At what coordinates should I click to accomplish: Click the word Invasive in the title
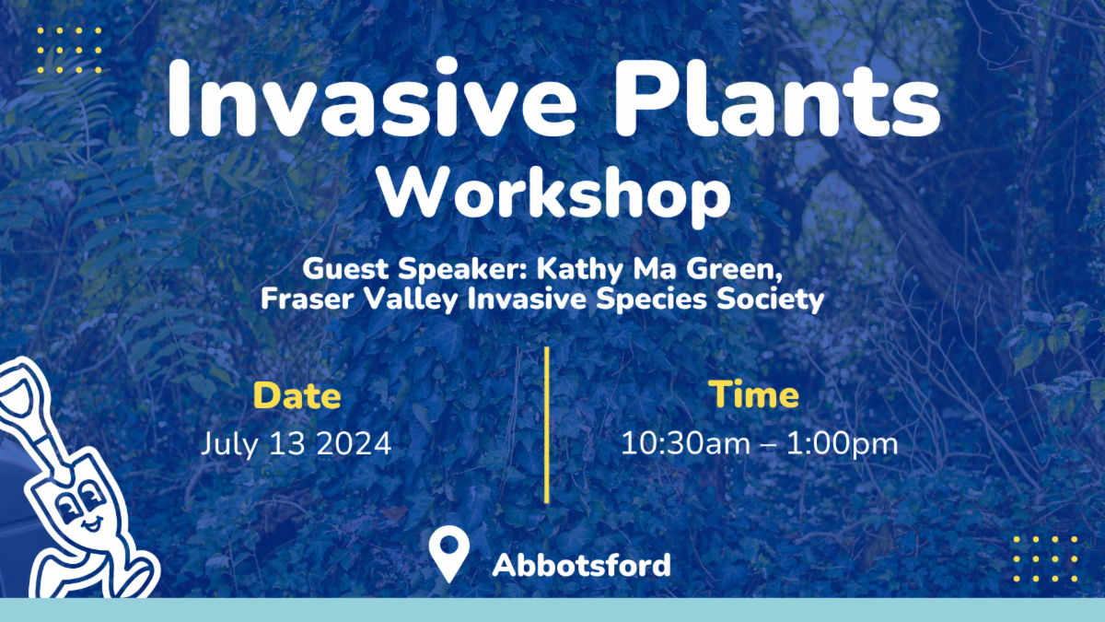coord(372,98)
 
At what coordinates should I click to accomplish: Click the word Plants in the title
coord(777,98)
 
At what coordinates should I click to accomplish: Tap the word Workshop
coord(554,195)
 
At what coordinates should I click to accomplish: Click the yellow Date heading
coord(297,396)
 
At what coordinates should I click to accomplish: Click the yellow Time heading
coord(756,395)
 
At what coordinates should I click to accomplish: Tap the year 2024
coord(354,444)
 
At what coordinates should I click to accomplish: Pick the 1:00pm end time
coord(842,444)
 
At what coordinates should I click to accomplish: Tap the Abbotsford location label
coord(582,565)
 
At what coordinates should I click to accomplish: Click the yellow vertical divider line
coord(547,425)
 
